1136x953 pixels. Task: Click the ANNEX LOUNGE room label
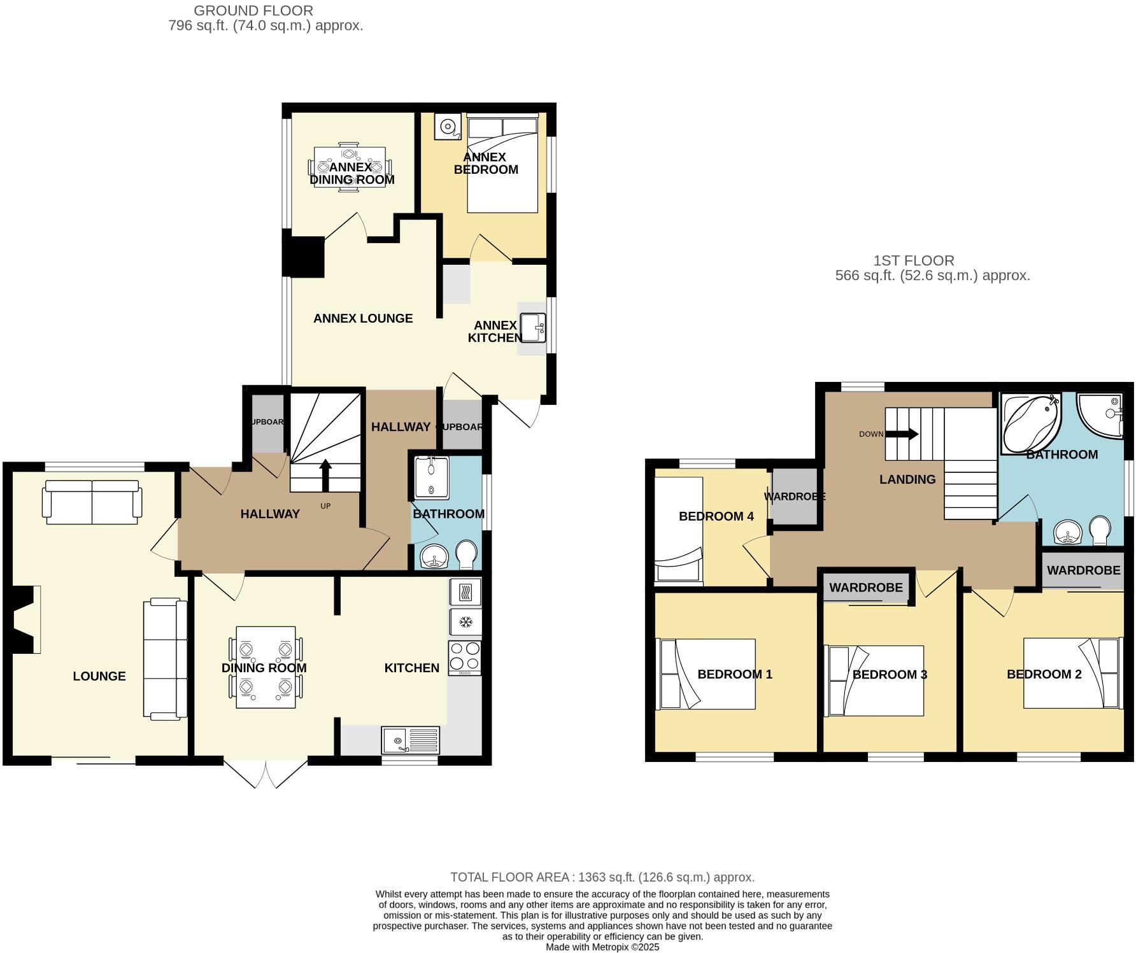(x=363, y=318)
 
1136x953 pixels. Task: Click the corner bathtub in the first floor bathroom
(x=1029, y=423)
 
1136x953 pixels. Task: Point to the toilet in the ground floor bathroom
(x=467, y=554)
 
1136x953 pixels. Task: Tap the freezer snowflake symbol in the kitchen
(x=465, y=622)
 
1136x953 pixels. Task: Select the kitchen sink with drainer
(x=411, y=740)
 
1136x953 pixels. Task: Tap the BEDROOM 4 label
(x=716, y=516)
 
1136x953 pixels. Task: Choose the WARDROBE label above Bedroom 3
(x=865, y=588)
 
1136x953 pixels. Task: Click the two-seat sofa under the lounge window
(x=92, y=502)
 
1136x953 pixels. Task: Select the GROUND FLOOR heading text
(x=253, y=11)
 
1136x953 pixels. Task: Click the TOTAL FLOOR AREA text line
(x=602, y=877)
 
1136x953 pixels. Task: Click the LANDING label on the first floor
(x=907, y=479)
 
